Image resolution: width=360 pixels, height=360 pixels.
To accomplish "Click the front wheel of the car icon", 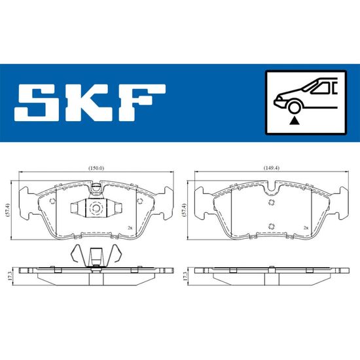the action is pos(295,107).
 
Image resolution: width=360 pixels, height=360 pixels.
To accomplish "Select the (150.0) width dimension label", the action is pos(96,168).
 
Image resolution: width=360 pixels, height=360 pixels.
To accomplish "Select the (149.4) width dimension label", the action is pos(272,168).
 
